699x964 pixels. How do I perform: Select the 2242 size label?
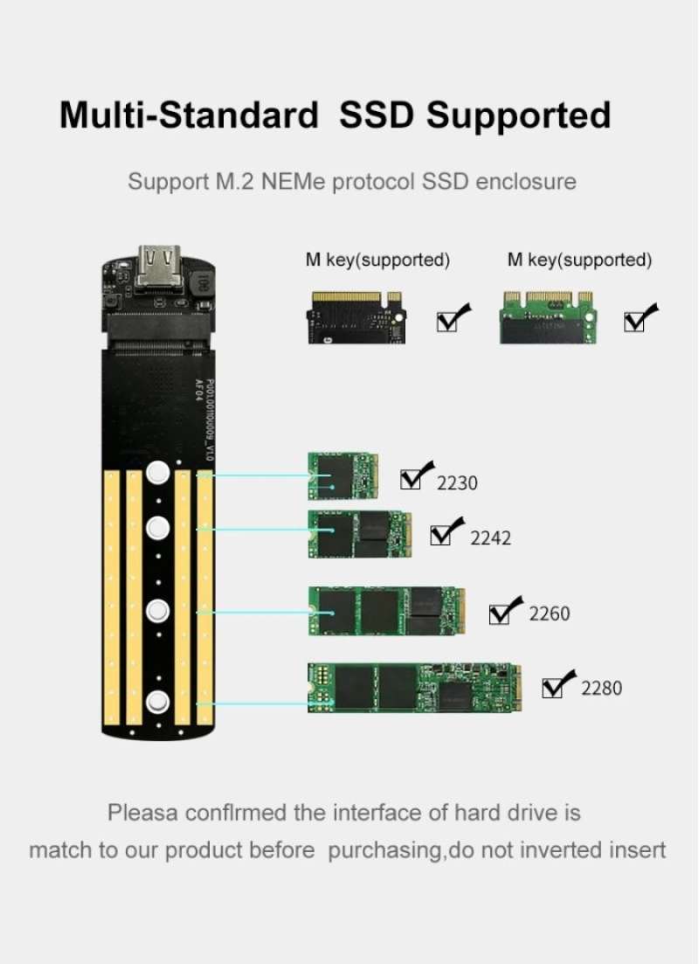coord(490,537)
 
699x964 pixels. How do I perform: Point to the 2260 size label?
coord(549,614)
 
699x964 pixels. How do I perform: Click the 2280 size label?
coord(601,689)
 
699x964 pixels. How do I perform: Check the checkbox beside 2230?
coord(412,479)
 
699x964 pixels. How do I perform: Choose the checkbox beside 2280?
coord(554,687)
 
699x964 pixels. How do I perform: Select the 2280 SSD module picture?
coord(415,687)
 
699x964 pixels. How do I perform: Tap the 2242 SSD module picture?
coord(359,534)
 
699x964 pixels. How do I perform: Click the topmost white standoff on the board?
coord(158,474)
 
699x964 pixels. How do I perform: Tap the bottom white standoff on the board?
coord(158,702)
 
